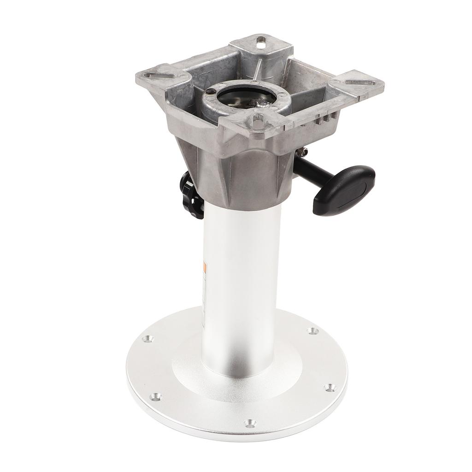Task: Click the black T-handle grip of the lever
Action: [344, 189]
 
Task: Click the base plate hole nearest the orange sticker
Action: [147, 339]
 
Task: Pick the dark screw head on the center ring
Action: [211, 92]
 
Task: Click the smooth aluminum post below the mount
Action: [240, 277]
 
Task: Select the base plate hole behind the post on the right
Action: [313, 330]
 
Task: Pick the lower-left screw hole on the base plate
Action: [156, 396]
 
